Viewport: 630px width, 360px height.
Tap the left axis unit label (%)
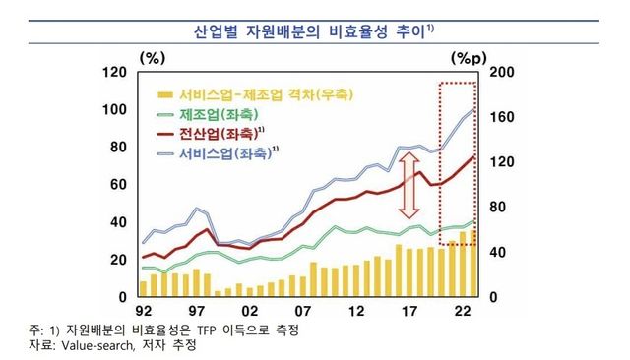pyautogui.click(x=156, y=56)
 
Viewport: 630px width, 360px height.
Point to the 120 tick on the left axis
pyautogui.click(x=114, y=72)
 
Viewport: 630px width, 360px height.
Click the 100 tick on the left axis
pyautogui.click(x=114, y=109)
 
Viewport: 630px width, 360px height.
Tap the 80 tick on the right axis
pyautogui.click(x=498, y=207)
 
